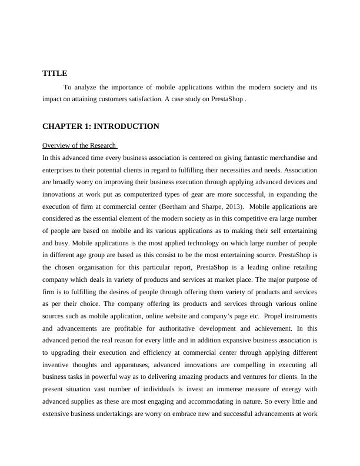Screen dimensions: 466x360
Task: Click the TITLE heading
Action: click(x=55, y=74)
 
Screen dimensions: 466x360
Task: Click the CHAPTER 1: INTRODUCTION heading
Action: click(x=101, y=127)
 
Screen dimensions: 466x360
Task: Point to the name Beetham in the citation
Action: click(x=176, y=207)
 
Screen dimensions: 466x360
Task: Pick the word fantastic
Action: click(x=245, y=158)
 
